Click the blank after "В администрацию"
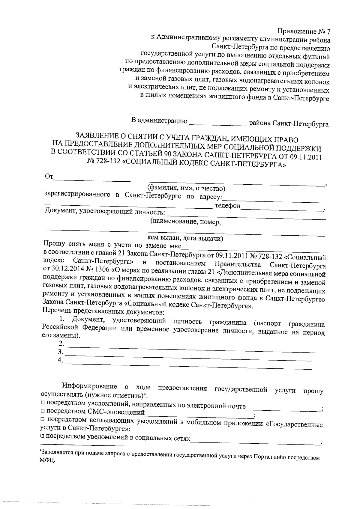point(218,123)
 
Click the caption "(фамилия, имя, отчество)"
point(186,188)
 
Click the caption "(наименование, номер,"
point(186,222)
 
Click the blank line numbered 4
point(188,362)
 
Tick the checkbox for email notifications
point(43,402)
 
